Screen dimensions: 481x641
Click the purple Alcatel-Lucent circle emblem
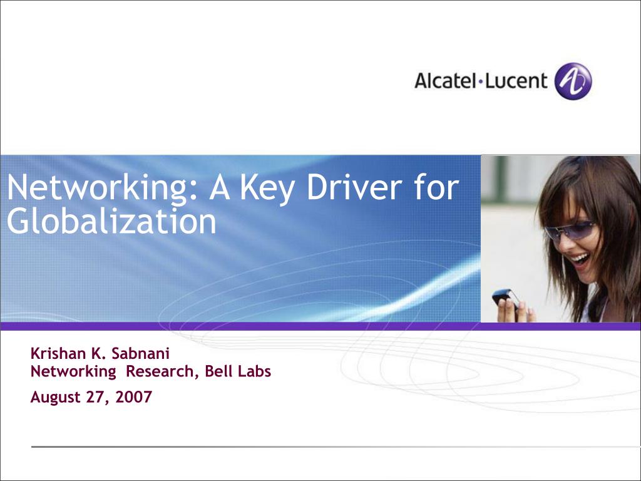(x=573, y=81)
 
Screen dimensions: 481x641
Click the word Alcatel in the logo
(x=445, y=81)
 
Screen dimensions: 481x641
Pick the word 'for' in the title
(x=436, y=188)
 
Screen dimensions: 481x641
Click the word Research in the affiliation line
(x=163, y=371)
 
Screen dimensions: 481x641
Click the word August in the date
(x=54, y=397)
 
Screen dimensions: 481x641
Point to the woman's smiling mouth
(x=581, y=258)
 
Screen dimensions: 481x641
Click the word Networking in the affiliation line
(x=73, y=371)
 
